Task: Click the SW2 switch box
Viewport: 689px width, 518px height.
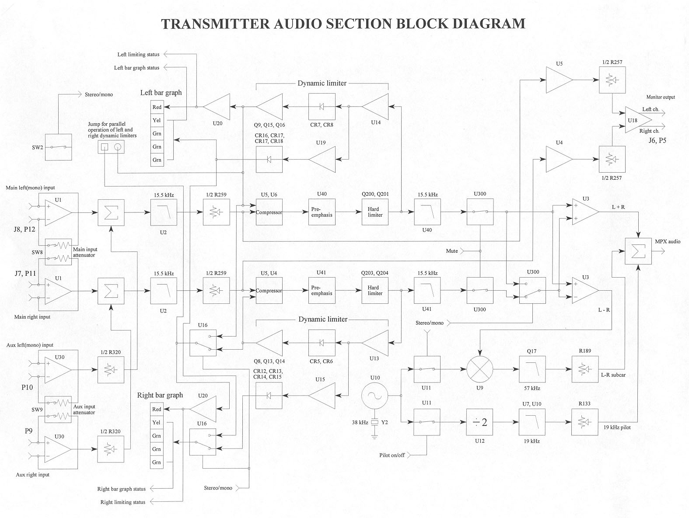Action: pyautogui.click(x=59, y=147)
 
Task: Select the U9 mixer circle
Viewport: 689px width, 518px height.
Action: pyautogui.click(x=480, y=369)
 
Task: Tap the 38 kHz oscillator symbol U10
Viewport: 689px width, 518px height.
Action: pyautogui.click(x=374, y=396)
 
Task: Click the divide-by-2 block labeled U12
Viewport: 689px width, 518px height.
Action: pyautogui.click(x=480, y=422)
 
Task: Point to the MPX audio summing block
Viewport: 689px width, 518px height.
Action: pyautogui.click(x=638, y=251)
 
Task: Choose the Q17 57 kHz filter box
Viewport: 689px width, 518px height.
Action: pyautogui.click(x=532, y=369)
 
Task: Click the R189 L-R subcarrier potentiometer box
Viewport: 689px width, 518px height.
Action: pyautogui.click(x=585, y=369)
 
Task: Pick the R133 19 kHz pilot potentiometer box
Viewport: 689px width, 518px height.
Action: pyautogui.click(x=585, y=422)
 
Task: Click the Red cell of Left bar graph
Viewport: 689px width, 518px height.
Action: pyautogui.click(x=157, y=107)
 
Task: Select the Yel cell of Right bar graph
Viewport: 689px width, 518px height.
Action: pyautogui.click(x=157, y=423)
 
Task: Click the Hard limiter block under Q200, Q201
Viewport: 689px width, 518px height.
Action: pyautogui.click(x=375, y=212)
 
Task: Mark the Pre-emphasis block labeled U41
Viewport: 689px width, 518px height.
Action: pyautogui.click(x=322, y=291)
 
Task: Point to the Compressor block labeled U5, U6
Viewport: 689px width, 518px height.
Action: pyautogui.click(x=269, y=212)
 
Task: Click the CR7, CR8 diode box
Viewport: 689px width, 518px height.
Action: pyautogui.click(x=322, y=107)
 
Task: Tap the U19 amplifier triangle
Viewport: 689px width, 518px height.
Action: pyautogui.click(x=324, y=160)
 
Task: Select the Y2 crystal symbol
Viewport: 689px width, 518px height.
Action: pyautogui.click(x=374, y=423)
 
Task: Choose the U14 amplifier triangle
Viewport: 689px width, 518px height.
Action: pyautogui.click(x=377, y=107)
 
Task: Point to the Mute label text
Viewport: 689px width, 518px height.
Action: pyautogui.click(x=452, y=251)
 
